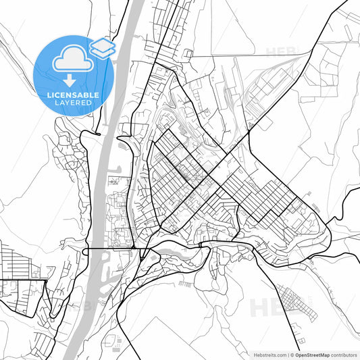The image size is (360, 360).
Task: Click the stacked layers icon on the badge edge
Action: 102,47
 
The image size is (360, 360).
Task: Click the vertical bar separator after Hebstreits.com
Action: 288,354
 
